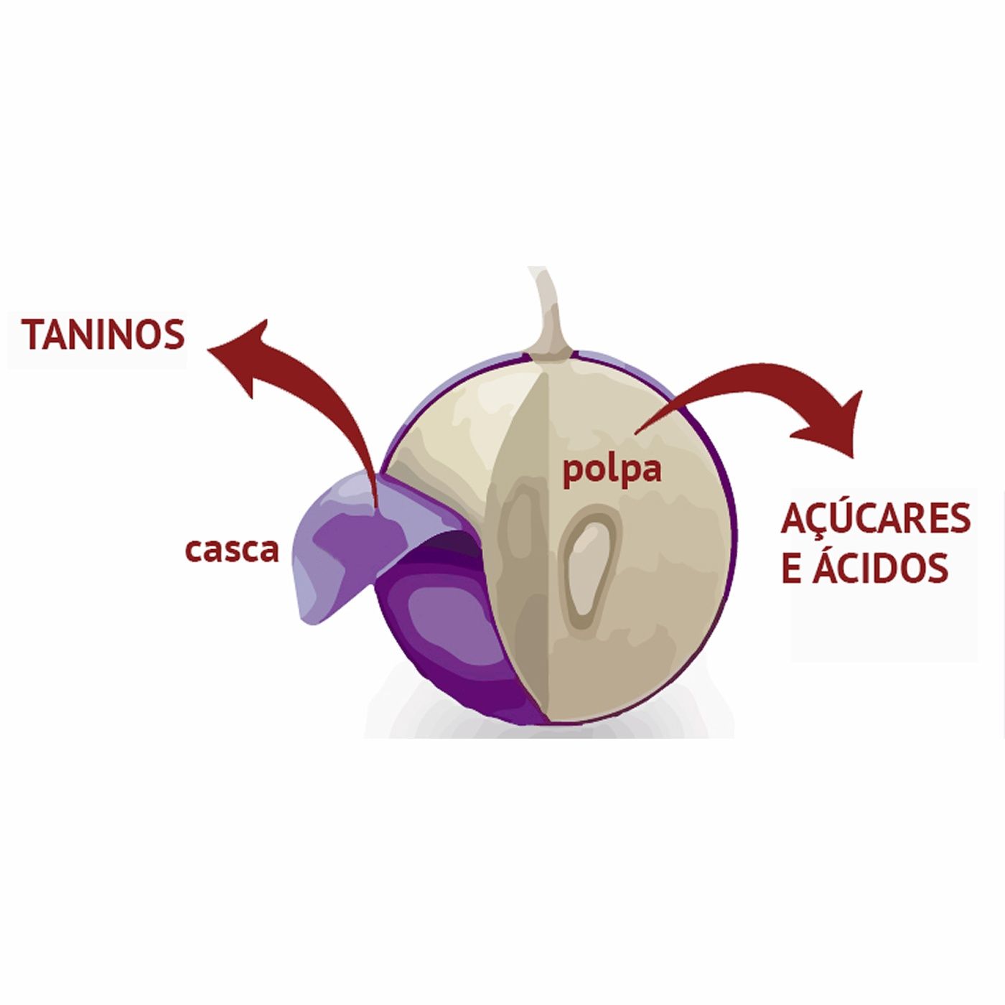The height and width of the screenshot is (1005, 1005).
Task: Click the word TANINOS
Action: click(103, 335)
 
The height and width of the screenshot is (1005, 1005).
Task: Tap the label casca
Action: click(232, 551)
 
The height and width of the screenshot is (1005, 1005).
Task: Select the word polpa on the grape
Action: click(612, 471)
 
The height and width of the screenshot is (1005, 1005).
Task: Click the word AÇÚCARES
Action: click(876, 519)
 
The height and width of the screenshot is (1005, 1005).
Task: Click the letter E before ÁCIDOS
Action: click(790, 568)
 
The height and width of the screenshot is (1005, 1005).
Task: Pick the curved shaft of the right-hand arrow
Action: click(739, 380)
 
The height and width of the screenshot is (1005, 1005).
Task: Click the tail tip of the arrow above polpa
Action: click(637, 431)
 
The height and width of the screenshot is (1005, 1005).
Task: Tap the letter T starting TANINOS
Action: click(32, 335)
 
